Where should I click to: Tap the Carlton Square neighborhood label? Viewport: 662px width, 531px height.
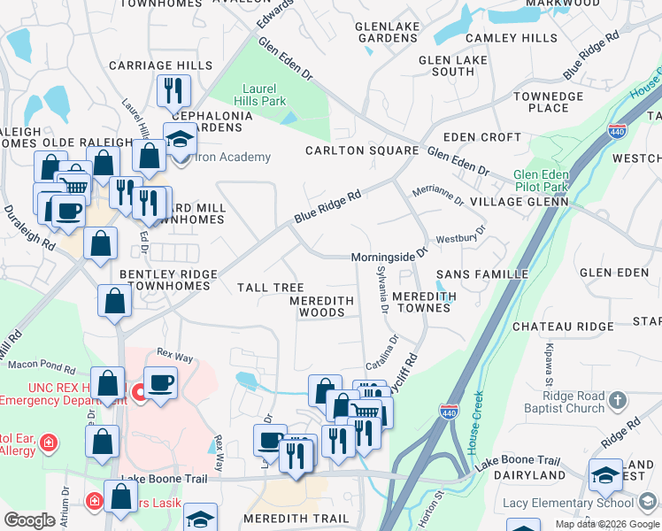[361, 150]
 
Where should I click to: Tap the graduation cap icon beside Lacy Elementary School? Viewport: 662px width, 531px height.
[606, 475]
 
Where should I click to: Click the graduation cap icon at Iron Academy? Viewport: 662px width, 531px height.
[180, 138]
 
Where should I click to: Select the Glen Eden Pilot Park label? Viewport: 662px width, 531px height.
[543, 181]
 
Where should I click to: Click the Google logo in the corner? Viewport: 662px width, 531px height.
[29, 520]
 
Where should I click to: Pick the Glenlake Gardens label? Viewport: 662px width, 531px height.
[386, 33]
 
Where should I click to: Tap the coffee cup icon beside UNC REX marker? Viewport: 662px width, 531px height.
[160, 382]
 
